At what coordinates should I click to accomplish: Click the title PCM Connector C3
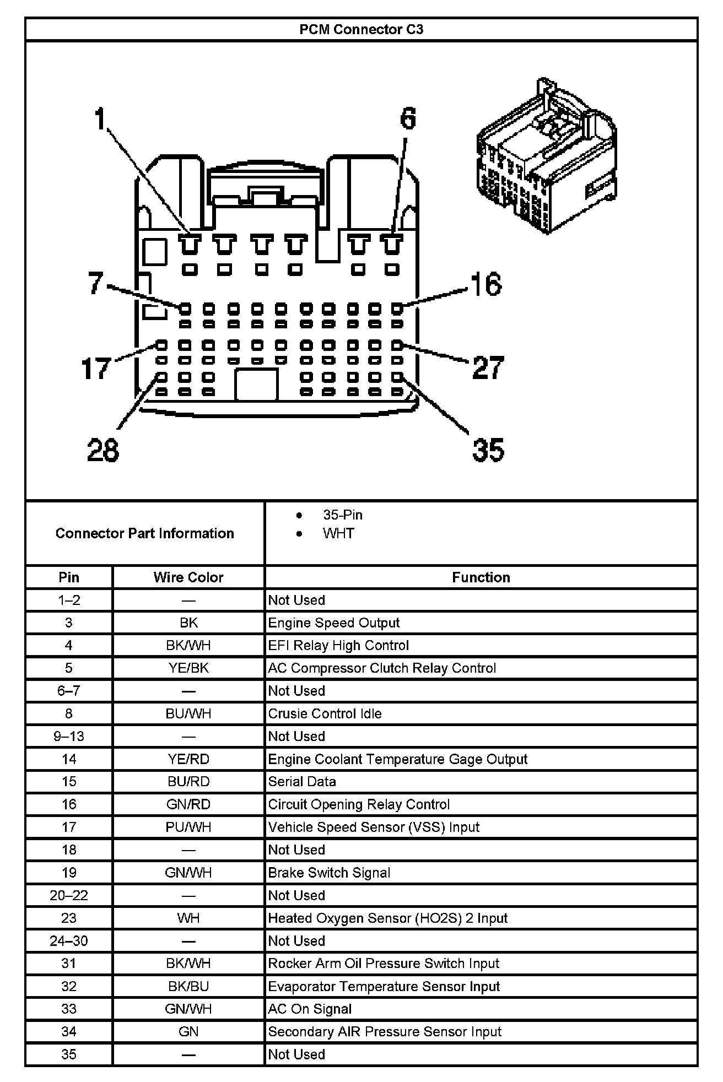click(x=361, y=29)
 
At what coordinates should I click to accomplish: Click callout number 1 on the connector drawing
click(x=100, y=119)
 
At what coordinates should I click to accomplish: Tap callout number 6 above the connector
click(x=408, y=118)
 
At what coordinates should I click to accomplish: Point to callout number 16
click(x=486, y=284)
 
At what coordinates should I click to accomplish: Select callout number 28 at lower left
click(x=103, y=450)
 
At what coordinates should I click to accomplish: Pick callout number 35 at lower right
click(x=488, y=450)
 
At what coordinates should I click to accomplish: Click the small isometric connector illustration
click(x=546, y=157)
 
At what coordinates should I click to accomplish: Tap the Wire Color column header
click(x=188, y=577)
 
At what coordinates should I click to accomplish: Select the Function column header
click(x=481, y=577)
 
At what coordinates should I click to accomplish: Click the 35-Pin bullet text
click(x=343, y=515)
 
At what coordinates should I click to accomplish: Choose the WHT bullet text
click(x=338, y=533)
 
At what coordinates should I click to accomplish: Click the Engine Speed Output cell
click(x=333, y=623)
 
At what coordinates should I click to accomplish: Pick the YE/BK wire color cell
click(x=188, y=668)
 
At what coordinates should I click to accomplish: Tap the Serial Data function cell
click(x=302, y=782)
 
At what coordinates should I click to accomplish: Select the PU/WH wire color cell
click(x=188, y=827)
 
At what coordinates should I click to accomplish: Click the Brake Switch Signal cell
click(x=329, y=873)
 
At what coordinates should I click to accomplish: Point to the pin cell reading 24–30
click(x=69, y=941)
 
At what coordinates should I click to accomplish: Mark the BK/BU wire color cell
click(x=188, y=986)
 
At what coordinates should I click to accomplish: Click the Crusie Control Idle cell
click(x=325, y=713)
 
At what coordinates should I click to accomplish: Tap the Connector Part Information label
click(x=145, y=533)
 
